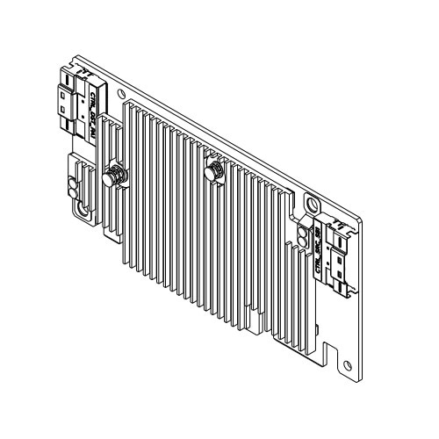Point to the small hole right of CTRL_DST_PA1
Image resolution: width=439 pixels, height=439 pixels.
click(120, 93)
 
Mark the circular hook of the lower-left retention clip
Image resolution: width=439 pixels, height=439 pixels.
click(80, 209)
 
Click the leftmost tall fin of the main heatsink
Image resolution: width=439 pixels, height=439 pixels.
click(127, 176)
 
